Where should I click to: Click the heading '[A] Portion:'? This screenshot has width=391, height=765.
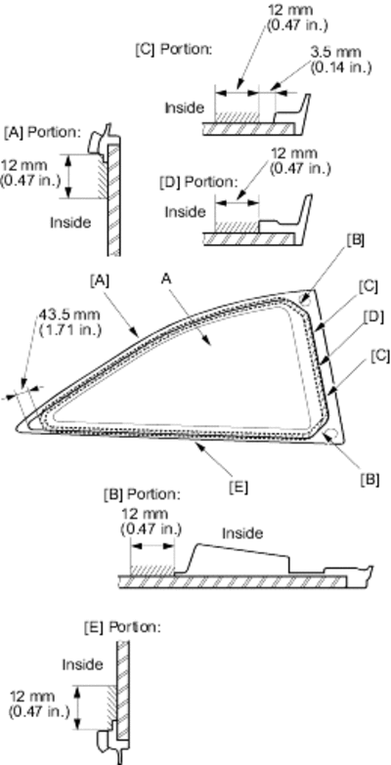pos(42,132)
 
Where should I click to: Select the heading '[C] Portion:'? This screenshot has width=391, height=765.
pos(174,50)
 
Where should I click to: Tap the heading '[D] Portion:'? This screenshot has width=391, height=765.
pos(198,182)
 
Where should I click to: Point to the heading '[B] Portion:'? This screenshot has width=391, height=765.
pos(142,493)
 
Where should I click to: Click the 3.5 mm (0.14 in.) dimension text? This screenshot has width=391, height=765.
pos(341,59)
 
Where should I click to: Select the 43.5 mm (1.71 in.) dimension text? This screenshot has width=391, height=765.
pos(68,322)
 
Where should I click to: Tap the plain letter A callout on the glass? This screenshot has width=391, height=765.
pos(167,279)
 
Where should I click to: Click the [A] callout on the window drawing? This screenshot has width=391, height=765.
pos(100,279)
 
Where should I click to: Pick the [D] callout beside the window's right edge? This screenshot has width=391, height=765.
pos(373,318)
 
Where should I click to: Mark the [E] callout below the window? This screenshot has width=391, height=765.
pos(239,487)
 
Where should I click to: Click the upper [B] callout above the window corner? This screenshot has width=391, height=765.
pos(356,240)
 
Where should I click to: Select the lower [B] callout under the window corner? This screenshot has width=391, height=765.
pos(369,479)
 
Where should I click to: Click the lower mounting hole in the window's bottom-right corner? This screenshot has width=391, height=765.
pos(332,434)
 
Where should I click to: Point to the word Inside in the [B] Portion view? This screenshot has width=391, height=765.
pos(242,533)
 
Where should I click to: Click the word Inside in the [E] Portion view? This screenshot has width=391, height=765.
pos(82,664)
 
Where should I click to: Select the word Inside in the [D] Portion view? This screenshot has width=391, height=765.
pos(185,212)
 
